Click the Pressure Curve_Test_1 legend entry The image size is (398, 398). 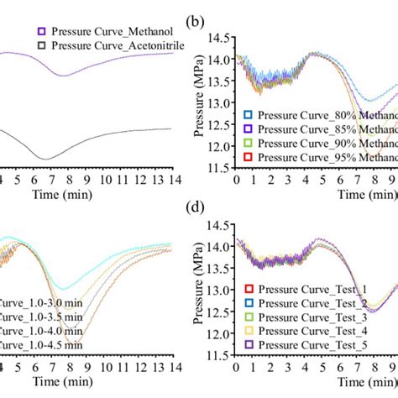[310, 312]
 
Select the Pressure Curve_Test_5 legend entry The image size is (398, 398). [310, 366]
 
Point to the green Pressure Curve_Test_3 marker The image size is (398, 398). [247, 339]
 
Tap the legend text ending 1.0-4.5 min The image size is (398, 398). [42, 344]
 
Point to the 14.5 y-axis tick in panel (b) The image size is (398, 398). [219, 38]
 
